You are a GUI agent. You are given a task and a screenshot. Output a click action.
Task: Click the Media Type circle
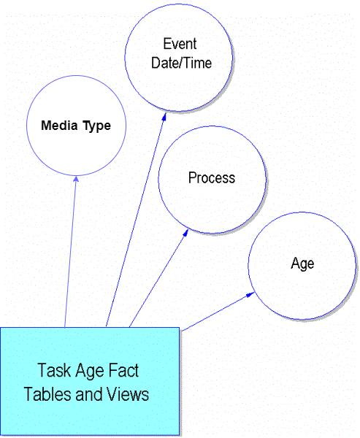(76, 126)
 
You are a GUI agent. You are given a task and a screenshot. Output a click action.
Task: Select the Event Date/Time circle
(179, 58)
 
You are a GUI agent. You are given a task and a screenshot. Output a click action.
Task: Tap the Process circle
(212, 180)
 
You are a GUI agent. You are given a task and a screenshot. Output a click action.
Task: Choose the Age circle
(302, 266)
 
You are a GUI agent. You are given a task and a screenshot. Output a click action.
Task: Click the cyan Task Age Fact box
(90, 381)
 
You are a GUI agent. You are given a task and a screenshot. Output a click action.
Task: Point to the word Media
(59, 126)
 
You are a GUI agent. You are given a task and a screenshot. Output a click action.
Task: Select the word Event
(180, 44)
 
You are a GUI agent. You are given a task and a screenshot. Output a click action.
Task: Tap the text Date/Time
(181, 63)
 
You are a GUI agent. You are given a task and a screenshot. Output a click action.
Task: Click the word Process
(212, 177)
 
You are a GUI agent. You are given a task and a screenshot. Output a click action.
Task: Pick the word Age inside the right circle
(302, 264)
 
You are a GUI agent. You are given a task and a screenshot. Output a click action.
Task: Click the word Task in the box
(54, 370)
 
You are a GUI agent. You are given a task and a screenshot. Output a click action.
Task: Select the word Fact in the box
(123, 370)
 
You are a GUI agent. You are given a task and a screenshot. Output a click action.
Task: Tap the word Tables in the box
(47, 394)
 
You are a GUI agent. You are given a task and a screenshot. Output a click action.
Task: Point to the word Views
(128, 394)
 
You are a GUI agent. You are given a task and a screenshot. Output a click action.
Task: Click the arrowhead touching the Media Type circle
(76, 179)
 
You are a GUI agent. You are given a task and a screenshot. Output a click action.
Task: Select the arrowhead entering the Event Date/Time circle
(164, 117)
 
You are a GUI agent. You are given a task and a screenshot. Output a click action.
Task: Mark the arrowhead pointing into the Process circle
(185, 233)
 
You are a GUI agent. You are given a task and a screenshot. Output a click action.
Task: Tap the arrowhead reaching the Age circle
(250, 294)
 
